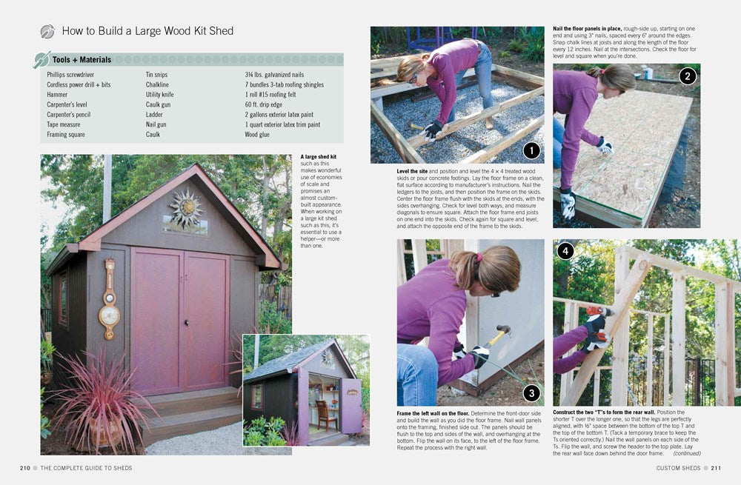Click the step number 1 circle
(531, 151)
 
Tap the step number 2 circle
(688, 76)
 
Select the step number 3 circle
(531, 393)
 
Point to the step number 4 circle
(565, 251)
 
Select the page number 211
(716, 468)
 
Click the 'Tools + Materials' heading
(82, 59)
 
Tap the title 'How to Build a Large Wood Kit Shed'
(147, 31)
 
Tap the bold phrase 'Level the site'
(412, 171)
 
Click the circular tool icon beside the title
(47, 31)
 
